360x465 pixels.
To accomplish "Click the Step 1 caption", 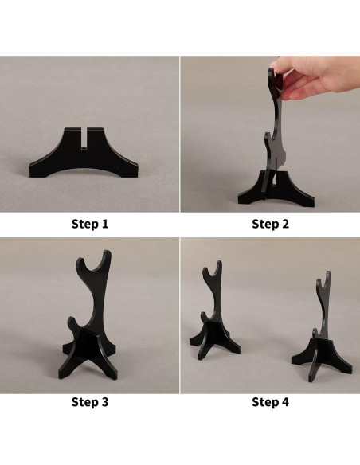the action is (90, 224).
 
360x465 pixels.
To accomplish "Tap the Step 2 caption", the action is (270, 224).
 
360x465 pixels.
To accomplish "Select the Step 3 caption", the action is (90, 402).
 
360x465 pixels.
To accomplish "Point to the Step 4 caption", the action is (270, 402).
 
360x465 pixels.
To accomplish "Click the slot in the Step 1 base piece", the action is (84, 138).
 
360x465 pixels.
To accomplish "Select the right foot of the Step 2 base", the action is (305, 200).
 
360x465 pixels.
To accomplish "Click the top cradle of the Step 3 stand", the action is (94, 261).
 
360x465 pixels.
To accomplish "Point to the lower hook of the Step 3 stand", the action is (72, 325).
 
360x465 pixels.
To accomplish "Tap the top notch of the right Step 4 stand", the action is (324, 280).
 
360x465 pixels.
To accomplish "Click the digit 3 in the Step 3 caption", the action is (104, 402).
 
